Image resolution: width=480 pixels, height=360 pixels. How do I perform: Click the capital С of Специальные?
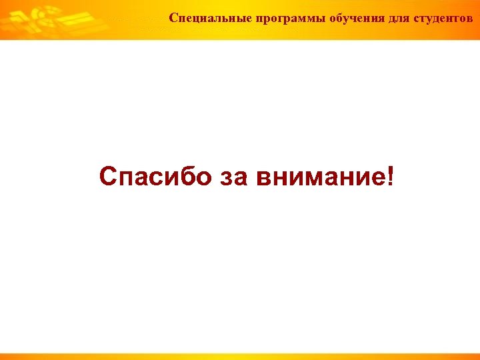click(x=173, y=17)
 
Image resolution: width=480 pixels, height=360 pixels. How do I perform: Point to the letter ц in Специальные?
click(x=195, y=18)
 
